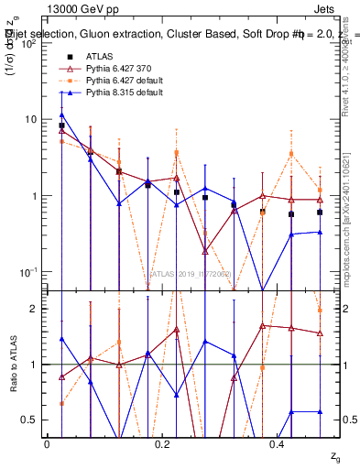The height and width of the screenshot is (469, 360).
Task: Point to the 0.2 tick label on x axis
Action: coord(161,443)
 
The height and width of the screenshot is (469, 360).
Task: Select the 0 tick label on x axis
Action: coord(47,443)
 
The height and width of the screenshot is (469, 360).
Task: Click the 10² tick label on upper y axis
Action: coord(28,43)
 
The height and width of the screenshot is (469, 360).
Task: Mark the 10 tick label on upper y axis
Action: coord(30,120)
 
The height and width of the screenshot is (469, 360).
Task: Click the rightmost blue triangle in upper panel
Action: coord(320,232)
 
